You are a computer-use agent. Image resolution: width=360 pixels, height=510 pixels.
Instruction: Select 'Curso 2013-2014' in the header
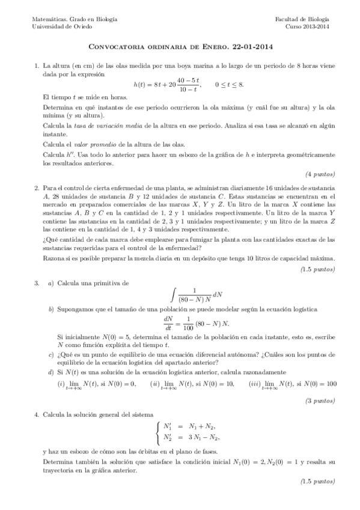307,26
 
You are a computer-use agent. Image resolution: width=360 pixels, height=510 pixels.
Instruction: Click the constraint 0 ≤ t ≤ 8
230,85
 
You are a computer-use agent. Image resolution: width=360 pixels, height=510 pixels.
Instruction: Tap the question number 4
37,414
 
